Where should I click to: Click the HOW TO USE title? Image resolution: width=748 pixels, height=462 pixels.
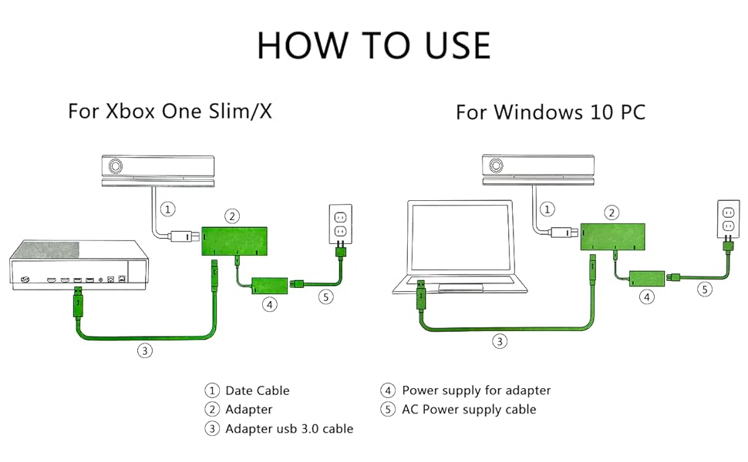point(373,45)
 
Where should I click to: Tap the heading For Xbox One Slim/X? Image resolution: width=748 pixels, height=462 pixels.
point(170,111)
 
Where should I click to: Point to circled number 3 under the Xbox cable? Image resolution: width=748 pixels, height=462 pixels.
point(144,350)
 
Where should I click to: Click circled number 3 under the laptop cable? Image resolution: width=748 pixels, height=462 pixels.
point(500,341)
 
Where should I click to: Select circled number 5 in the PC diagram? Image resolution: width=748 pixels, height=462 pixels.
point(703,290)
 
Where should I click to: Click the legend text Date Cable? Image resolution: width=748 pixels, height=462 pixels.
point(258,391)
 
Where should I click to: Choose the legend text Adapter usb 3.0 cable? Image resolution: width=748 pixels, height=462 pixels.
point(289,429)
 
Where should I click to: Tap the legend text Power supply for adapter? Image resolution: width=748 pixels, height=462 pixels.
point(476,390)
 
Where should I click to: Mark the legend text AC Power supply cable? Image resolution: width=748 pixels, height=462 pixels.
point(469,410)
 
